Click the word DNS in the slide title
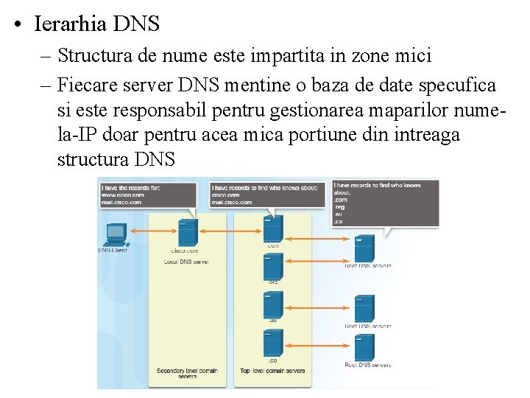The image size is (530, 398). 136,24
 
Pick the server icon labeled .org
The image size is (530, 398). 272,265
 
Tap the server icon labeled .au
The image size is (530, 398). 272,305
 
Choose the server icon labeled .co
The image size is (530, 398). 272,343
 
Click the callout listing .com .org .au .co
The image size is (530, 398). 384,203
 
